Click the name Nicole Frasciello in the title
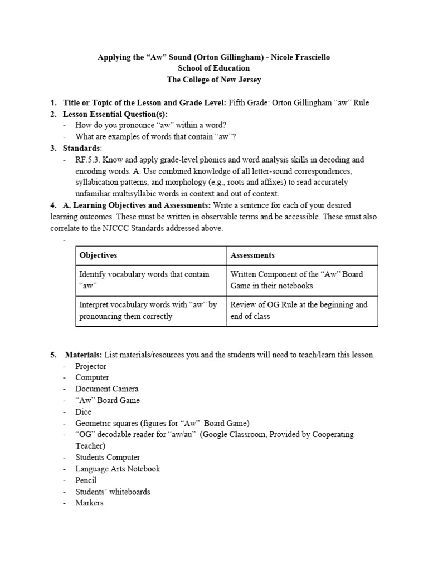click(299, 57)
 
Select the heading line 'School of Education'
click(214, 68)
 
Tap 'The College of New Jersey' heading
click(214, 80)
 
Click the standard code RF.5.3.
click(88, 160)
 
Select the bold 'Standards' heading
click(82, 148)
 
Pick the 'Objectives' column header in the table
click(98, 255)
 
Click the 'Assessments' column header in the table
click(252, 255)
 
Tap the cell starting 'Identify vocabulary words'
click(144, 279)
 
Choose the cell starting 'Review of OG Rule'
click(299, 310)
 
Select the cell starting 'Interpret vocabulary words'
click(148, 310)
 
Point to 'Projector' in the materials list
click(91, 366)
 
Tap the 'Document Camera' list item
click(107, 389)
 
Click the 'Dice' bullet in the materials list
click(84, 412)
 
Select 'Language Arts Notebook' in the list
click(118, 469)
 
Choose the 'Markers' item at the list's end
click(89, 503)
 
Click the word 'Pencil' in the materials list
click(86, 480)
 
